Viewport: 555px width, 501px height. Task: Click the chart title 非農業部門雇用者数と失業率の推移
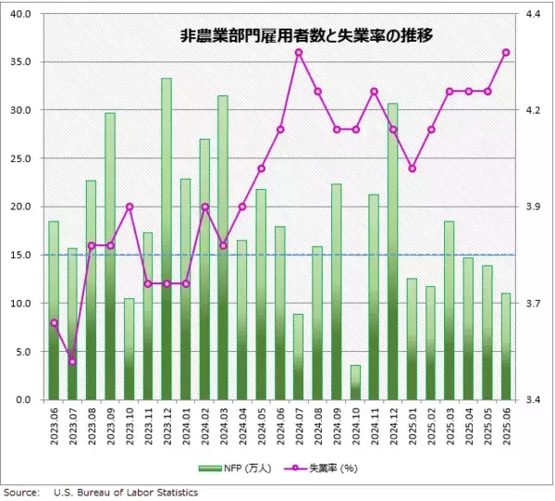point(306,37)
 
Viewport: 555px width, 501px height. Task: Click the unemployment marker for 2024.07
point(299,52)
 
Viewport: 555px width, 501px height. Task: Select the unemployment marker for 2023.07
point(72,361)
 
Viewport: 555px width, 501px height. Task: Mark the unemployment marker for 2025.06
point(506,52)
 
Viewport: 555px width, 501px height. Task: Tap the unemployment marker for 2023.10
point(129,207)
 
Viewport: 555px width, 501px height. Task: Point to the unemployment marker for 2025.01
point(412,169)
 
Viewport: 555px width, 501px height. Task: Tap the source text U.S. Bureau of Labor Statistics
point(126,493)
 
